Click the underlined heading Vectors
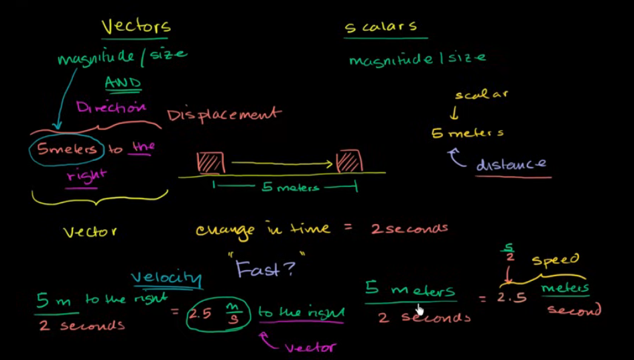(136, 26)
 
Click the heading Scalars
(380, 27)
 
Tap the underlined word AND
(123, 83)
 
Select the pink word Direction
(111, 107)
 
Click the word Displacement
(224, 115)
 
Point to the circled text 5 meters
(66, 149)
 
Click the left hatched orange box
(210, 162)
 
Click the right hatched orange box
(349, 162)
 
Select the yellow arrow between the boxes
(282, 162)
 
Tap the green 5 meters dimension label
(290, 188)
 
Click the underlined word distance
(511, 164)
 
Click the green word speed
(555, 260)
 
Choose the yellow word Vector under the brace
(90, 232)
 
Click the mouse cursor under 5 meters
(420, 309)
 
